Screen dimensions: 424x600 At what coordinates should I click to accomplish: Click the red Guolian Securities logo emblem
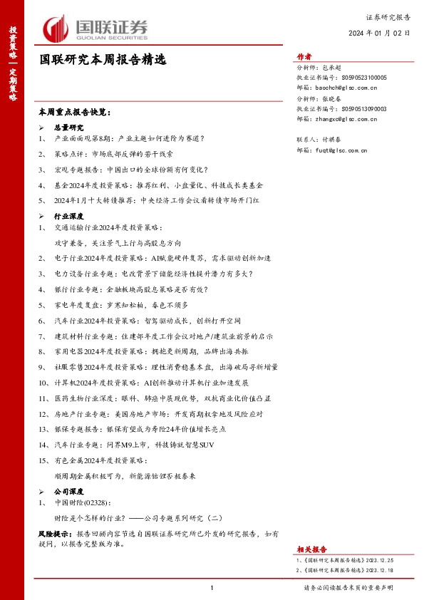[56, 29]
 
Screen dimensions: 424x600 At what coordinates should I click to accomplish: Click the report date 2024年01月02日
[379, 33]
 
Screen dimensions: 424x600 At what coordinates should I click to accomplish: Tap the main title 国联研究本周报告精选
[103, 61]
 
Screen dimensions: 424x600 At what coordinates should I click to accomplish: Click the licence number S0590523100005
[364, 77]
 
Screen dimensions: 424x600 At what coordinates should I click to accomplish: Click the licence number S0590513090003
[364, 109]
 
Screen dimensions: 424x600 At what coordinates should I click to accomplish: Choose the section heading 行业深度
[69, 215]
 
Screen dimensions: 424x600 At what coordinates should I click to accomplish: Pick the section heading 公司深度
[69, 492]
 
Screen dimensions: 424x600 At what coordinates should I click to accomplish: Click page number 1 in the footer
[212, 587]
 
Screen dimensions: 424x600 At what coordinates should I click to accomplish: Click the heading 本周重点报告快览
[75, 113]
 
